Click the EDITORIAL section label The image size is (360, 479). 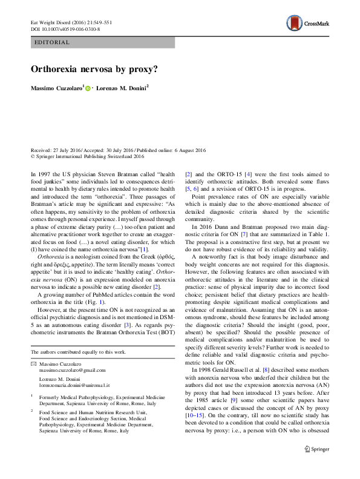point(53,42)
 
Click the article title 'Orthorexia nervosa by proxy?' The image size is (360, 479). point(94,68)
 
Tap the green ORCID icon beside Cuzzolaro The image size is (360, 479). point(88,89)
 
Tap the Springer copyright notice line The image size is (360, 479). point(87,156)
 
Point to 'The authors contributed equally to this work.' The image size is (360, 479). point(77,351)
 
